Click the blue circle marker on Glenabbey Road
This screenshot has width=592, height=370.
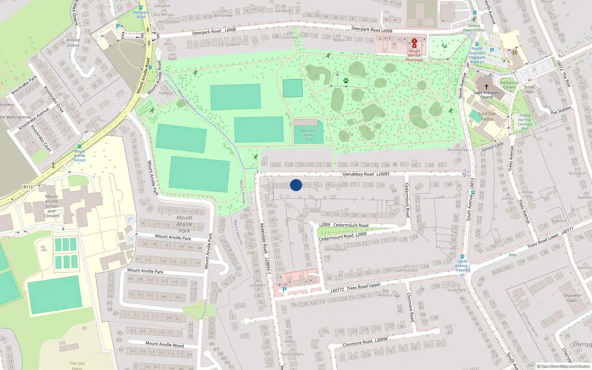(296, 185)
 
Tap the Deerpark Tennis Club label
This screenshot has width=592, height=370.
(309, 135)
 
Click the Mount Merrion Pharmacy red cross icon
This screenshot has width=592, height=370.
(414, 42)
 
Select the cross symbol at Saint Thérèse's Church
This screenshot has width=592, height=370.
(487, 86)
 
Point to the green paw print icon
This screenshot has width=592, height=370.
(346, 81)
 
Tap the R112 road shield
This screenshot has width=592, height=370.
(28, 187)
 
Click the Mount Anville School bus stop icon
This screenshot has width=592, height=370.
(80, 147)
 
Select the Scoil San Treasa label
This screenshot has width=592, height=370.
(487, 117)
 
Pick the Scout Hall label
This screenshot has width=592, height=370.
(529, 89)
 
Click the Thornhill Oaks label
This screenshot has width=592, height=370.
(572, 298)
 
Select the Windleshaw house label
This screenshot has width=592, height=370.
(457, 150)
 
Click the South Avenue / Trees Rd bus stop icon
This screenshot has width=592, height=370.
(462, 256)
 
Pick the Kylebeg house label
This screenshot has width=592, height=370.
(166, 93)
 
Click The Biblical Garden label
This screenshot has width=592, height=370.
(509, 85)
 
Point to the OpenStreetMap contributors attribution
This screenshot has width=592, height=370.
(564, 366)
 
